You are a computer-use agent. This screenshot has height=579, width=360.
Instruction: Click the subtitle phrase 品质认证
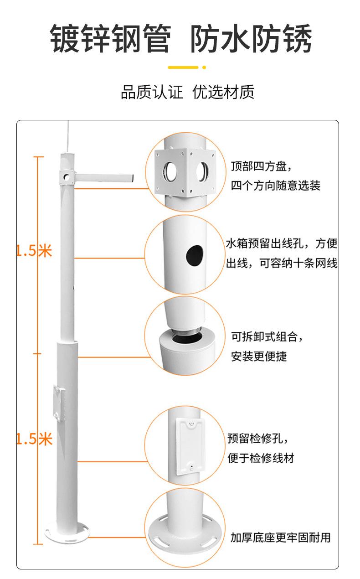[x=152, y=92]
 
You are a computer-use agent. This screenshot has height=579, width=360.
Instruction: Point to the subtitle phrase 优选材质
[x=223, y=92]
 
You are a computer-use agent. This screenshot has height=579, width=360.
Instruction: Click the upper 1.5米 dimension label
[x=34, y=250]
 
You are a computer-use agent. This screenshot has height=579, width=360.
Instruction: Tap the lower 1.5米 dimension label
[x=34, y=439]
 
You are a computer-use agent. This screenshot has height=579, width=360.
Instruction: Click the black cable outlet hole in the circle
[x=194, y=255]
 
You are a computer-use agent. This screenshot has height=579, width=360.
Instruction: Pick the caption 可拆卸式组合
[x=267, y=337]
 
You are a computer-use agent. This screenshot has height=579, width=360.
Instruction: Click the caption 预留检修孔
[x=258, y=439]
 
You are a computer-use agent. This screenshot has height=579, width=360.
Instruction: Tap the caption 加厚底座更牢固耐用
[x=280, y=538]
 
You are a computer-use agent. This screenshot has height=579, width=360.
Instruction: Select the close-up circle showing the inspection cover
[x=185, y=446]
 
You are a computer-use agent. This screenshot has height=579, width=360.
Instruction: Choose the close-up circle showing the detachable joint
[x=185, y=337]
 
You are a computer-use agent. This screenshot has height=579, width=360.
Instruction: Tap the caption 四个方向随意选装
[x=276, y=185]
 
